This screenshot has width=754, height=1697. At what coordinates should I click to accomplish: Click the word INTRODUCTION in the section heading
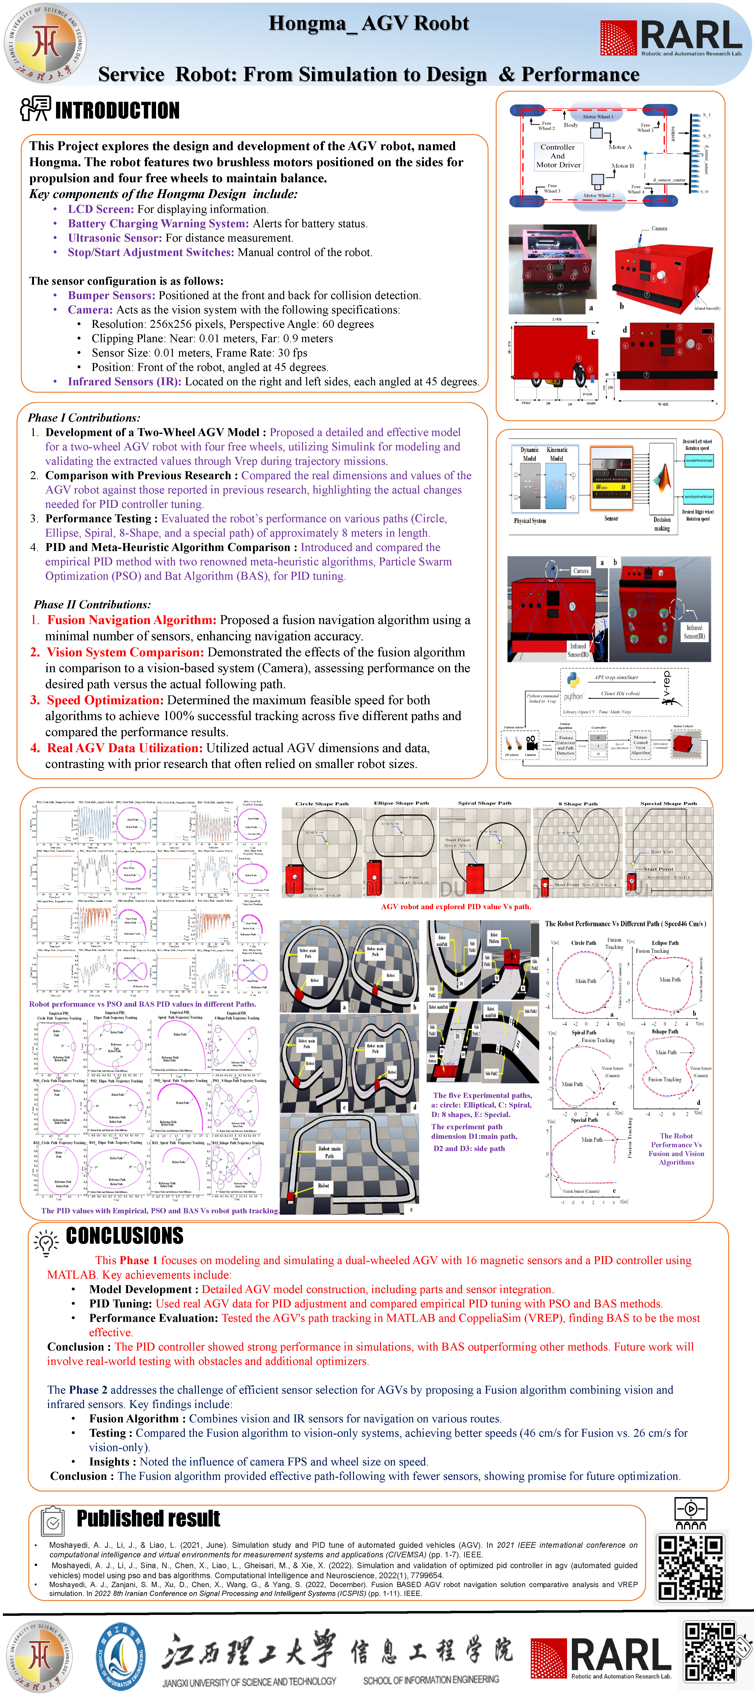click(117, 110)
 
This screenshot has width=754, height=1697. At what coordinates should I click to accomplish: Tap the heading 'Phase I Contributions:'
click(84, 418)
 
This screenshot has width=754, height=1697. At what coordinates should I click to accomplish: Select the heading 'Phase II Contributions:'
click(92, 604)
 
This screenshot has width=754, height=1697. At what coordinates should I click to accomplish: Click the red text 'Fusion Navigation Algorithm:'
click(131, 620)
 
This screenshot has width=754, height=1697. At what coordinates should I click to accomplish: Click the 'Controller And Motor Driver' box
click(558, 156)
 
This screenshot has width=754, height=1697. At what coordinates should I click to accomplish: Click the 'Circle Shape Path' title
click(322, 804)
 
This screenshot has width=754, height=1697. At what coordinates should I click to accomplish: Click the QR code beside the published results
click(691, 1568)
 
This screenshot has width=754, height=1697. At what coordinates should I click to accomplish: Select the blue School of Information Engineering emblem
click(120, 1656)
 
